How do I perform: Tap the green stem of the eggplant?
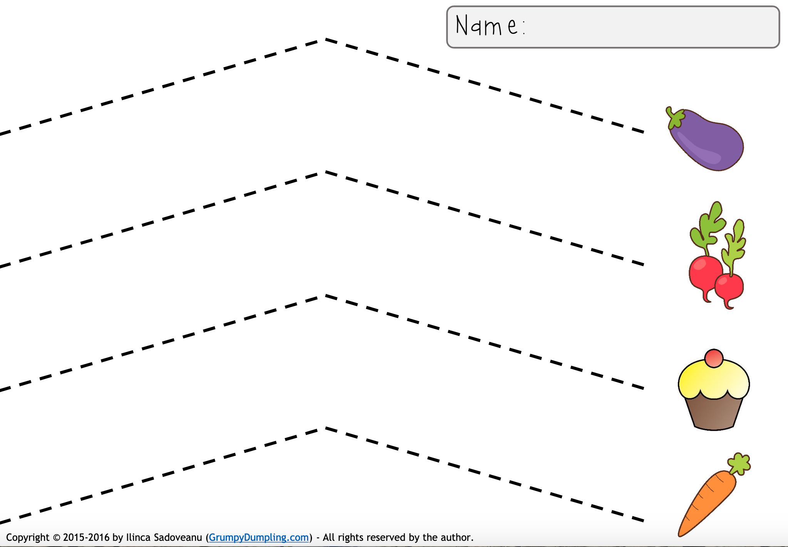[676, 118]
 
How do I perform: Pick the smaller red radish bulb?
[729, 287]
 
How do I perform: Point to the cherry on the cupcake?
[714, 358]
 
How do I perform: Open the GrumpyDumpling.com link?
[259, 537]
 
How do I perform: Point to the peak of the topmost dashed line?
[325, 39]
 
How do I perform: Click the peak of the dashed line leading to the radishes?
[325, 172]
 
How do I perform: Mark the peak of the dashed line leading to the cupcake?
[325, 295]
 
